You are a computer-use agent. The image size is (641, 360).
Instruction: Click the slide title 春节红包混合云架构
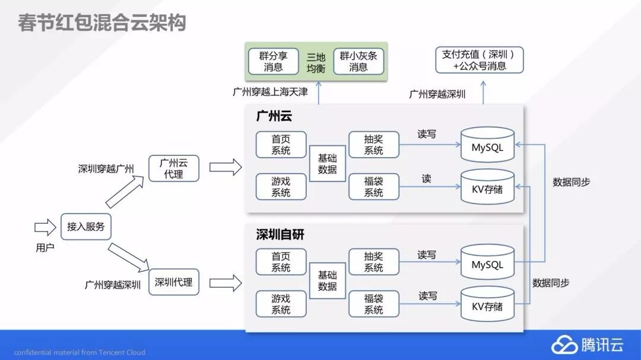pos(101,23)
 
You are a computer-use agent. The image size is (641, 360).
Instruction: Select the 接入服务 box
pos(85,227)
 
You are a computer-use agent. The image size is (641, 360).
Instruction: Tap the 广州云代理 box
pos(174,168)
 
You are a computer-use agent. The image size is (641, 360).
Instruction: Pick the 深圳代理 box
pos(174,282)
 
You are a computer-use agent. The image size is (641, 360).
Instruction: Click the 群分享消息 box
pos(273,61)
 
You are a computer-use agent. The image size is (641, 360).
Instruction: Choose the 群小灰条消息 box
pos(358,61)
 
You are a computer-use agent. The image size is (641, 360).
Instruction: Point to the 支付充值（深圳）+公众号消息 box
pos(479,60)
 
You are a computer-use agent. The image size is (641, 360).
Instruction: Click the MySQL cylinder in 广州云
pos(487,145)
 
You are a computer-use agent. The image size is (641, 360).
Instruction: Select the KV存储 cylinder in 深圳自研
pos(487,304)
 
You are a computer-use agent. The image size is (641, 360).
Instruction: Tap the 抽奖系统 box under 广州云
pos(373,145)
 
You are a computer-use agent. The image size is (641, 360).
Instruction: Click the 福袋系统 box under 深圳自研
pos(373,304)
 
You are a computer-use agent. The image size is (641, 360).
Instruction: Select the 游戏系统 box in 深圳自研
pos(281,304)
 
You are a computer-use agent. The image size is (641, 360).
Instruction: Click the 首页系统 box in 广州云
pos(281,145)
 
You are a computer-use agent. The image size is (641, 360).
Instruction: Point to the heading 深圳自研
pos(280,235)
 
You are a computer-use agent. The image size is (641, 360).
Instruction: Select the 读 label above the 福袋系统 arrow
pos(426,179)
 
